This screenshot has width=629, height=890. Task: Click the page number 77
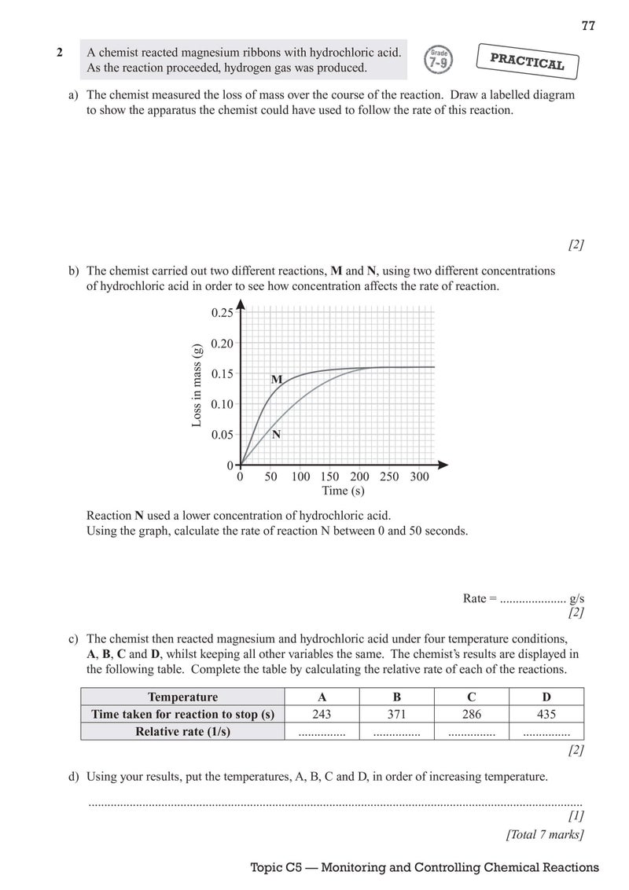tap(588, 26)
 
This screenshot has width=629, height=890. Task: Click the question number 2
tap(60, 53)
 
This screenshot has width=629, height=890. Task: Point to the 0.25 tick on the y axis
tap(223, 313)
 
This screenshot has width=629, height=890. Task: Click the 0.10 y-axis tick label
tap(223, 404)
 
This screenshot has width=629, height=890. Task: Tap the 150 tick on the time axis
tap(330, 476)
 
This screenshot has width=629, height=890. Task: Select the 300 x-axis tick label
tap(420, 476)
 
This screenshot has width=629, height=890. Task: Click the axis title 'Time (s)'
tap(343, 491)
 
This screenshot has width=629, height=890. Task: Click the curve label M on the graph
tap(277, 380)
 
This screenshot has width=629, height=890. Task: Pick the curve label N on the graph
tap(277, 434)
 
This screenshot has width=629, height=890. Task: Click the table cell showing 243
tap(322, 715)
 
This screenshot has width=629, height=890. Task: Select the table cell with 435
tap(546, 715)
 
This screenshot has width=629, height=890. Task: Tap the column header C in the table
tap(471, 697)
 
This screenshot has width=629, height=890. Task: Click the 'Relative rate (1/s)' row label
tap(182, 732)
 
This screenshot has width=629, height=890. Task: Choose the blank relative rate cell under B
tap(396, 733)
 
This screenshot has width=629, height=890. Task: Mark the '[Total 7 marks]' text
tap(545, 835)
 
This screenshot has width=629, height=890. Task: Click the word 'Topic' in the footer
tap(267, 868)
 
